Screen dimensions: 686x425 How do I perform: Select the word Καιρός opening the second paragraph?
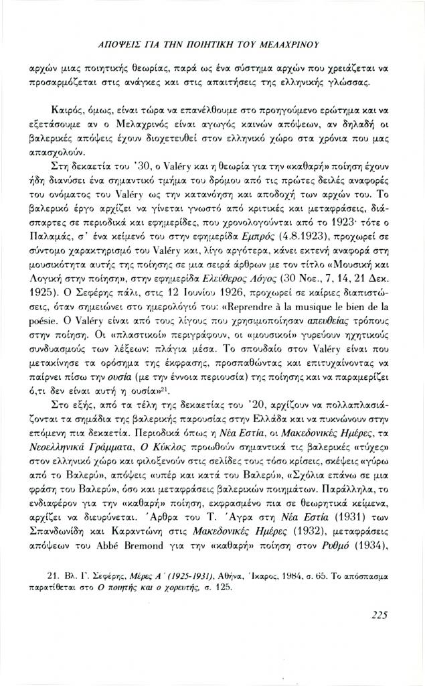pos(66,108)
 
